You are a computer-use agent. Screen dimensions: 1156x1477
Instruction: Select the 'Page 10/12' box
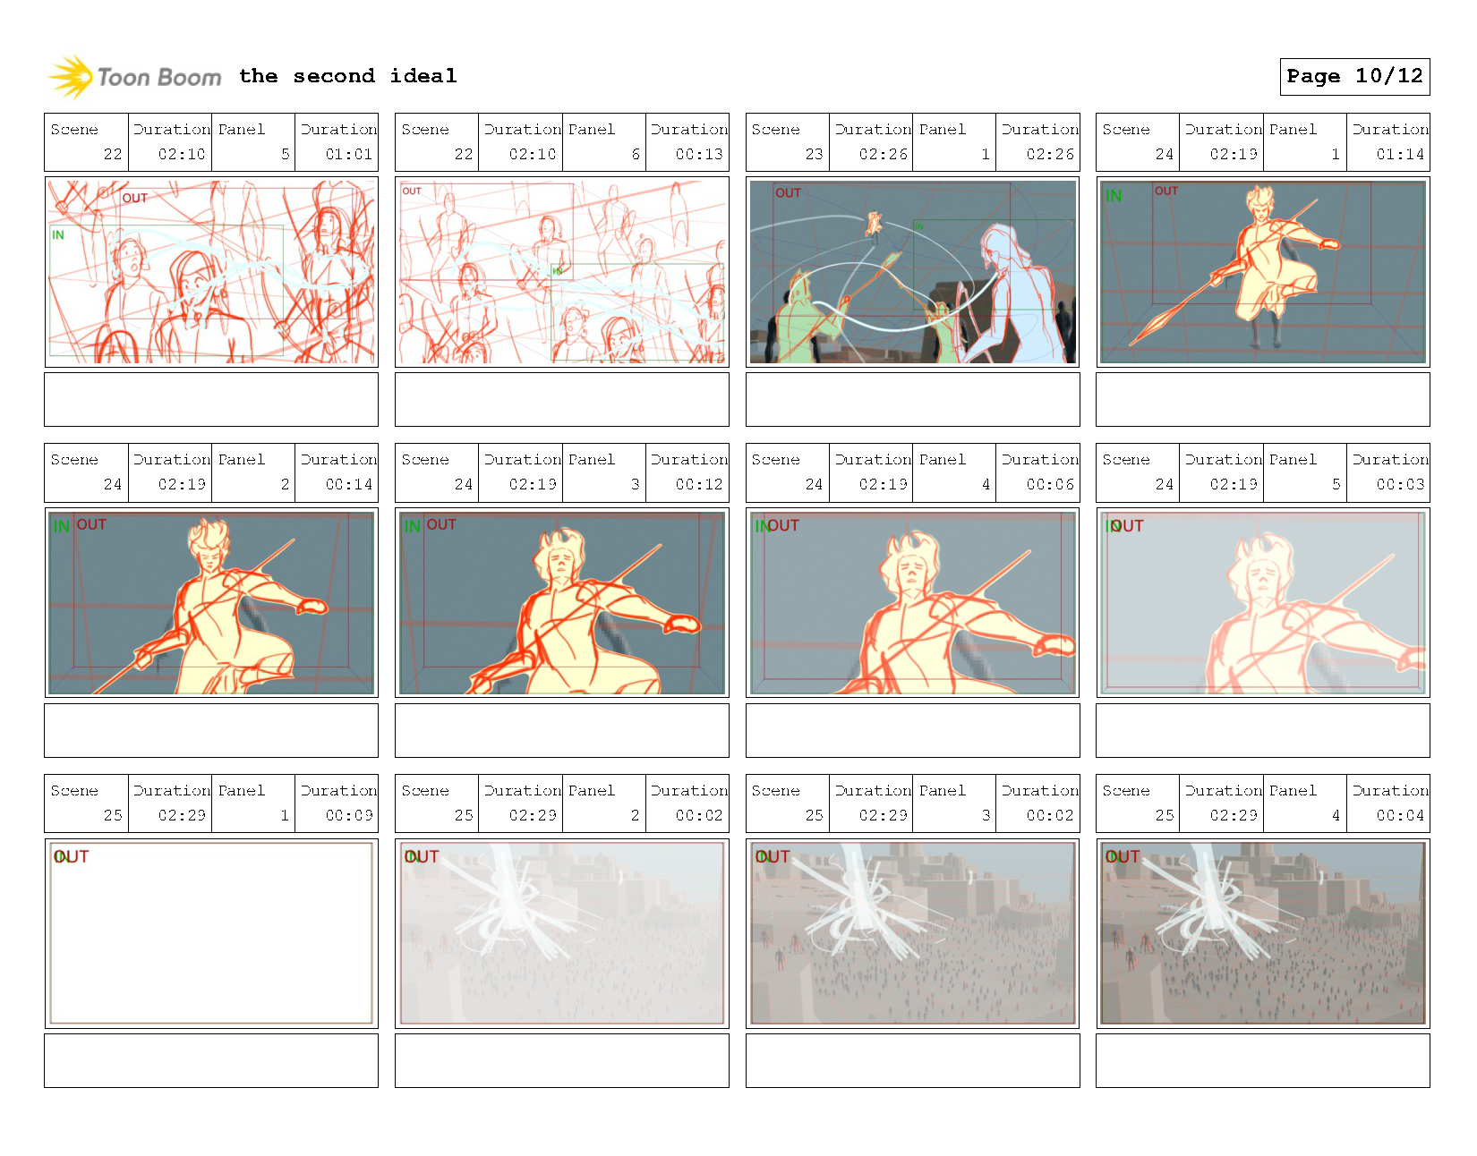[1353, 77]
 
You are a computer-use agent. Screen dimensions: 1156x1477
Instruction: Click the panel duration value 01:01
[348, 154]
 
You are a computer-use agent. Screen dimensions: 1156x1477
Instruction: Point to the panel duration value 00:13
[698, 154]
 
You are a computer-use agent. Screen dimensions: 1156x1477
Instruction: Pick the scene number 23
[813, 154]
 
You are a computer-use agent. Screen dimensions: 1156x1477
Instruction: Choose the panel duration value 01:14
[1399, 154]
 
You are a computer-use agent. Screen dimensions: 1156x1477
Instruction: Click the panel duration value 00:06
[1049, 484]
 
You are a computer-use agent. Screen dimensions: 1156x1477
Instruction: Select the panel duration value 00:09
[348, 815]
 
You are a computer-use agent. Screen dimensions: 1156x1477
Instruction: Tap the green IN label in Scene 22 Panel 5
[58, 235]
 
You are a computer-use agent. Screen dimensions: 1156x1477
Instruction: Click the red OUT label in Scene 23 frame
[788, 193]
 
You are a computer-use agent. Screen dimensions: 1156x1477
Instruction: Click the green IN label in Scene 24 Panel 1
[1113, 196]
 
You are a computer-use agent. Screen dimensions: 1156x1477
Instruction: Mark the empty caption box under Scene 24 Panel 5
[1262, 730]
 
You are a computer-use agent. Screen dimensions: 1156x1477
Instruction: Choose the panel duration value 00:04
[1399, 815]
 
